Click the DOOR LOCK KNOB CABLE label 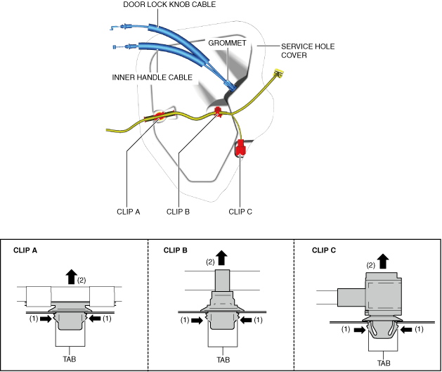point(169,4)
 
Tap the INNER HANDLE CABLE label point(152,77)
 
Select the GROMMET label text point(227,43)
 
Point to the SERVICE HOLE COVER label point(308,51)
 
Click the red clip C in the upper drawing point(240,147)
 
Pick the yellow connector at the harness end point(278,72)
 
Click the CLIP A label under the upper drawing point(129,212)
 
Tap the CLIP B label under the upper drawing point(178,212)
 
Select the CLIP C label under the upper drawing point(240,212)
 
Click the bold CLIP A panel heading point(25,250)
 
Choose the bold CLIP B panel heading point(176,250)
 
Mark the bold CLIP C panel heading point(324,250)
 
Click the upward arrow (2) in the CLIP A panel point(72,276)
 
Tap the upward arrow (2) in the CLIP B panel point(222,258)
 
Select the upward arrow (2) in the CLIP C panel point(383,261)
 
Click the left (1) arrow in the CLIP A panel point(46,319)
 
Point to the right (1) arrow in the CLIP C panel point(406,329)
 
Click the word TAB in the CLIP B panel point(223,360)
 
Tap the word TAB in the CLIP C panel point(384,363)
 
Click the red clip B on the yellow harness point(218,112)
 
